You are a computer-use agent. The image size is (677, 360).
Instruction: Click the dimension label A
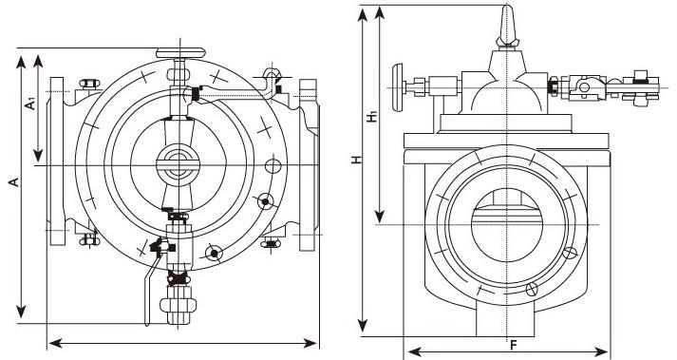[15, 181]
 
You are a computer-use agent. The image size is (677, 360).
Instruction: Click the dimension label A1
[30, 104]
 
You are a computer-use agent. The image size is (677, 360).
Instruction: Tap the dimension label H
[356, 160]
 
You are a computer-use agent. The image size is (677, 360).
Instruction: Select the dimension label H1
[372, 117]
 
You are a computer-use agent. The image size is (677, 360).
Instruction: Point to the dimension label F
[514, 345]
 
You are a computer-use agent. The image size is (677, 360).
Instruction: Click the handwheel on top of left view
[180, 53]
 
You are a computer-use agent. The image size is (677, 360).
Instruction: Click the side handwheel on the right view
[397, 86]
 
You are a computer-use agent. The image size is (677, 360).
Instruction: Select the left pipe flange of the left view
[57, 161]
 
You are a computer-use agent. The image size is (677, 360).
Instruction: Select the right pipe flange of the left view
[308, 165]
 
